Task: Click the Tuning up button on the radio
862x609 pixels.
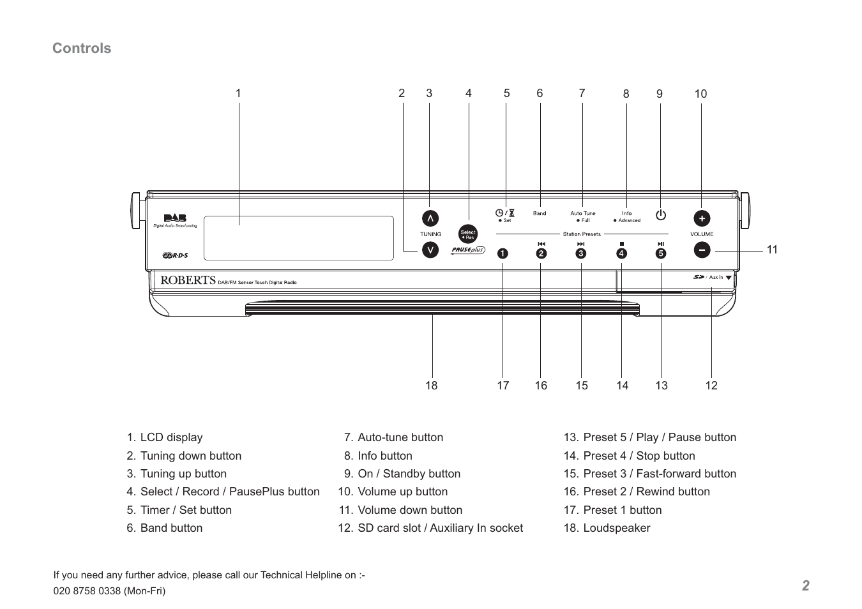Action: [430, 218]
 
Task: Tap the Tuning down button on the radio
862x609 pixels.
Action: [430, 250]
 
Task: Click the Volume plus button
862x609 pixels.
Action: [702, 218]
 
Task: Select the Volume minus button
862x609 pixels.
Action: [702, 250]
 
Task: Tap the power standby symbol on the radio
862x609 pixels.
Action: [661, 215]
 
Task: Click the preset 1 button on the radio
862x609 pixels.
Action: [503, 253]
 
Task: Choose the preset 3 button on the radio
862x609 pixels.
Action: [580, 253]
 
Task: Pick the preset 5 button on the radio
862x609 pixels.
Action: [661, 253]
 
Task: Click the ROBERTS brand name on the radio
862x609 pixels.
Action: [188, 280]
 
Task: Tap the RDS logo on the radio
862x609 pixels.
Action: [175, 255]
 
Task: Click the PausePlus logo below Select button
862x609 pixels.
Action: [468, 250]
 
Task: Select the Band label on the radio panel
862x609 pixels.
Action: [540, 214]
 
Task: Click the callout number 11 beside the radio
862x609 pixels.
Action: [772, 250]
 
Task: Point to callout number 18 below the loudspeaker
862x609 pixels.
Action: [432, 386]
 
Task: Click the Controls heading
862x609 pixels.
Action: [82, 49]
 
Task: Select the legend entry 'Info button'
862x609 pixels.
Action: [384, 456]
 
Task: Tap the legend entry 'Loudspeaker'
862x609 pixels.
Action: [616, 528]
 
